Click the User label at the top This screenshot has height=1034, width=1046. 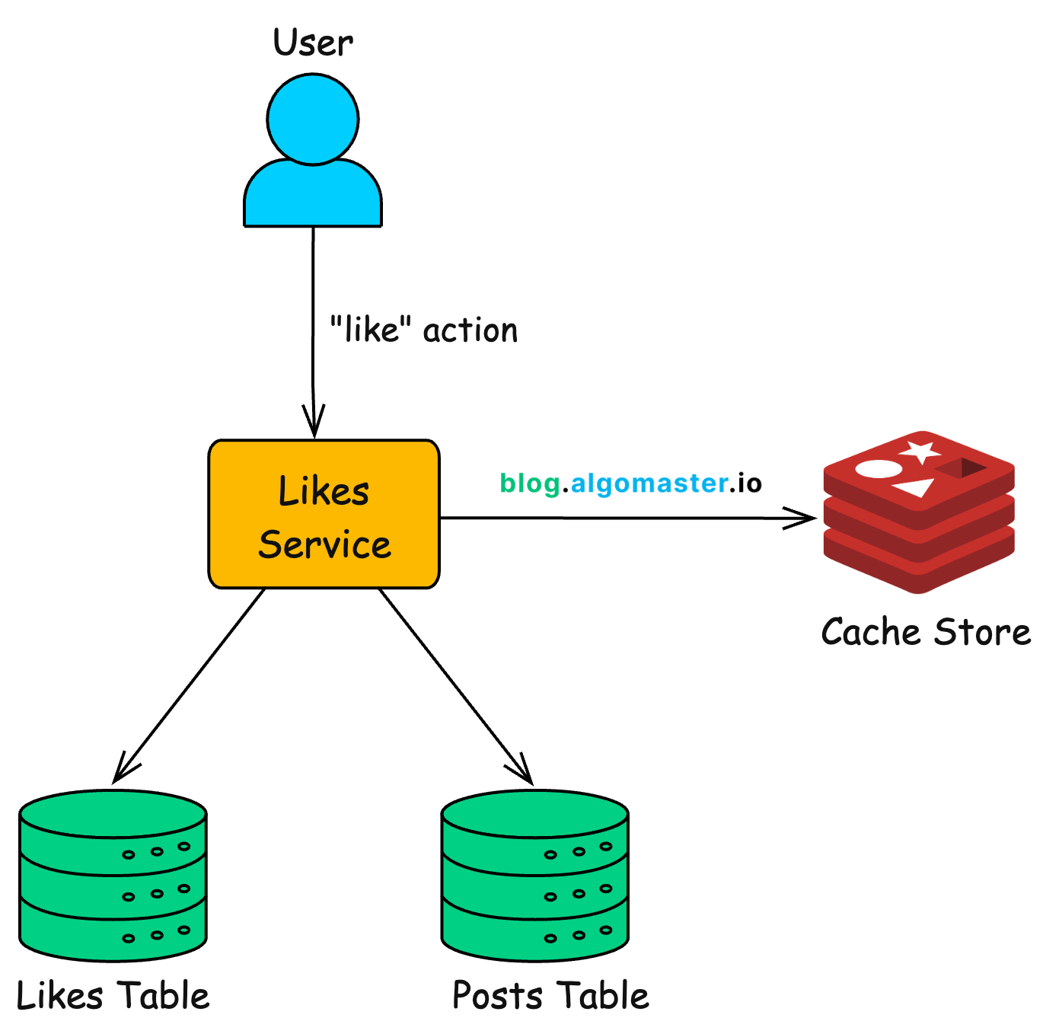click(x=313, y=43)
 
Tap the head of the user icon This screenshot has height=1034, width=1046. click(x=313, y=119)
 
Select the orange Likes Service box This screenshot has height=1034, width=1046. click(x=324, y=515)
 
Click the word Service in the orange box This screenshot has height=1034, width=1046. click(x=324, y=545)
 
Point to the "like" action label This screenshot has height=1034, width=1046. click(x=423, y=330)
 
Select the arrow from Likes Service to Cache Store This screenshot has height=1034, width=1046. click(x=624, y=518)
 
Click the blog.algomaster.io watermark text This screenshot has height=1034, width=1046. click(x=630, y=483)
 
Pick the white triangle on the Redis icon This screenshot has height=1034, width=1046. click(x=917, y=487)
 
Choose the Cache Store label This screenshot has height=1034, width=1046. click(x=926, y=632)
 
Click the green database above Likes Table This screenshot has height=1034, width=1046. click(x=113, y=876)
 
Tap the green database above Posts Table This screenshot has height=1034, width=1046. click(x=534, y=876)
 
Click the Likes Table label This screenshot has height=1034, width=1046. click(x=113, y=996)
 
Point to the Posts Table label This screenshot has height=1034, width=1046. click(x=550, y=996)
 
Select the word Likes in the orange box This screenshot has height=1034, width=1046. click(x=324, y=491)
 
